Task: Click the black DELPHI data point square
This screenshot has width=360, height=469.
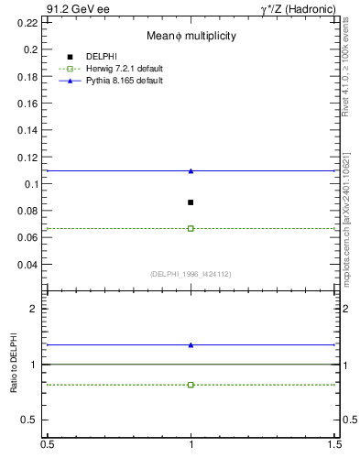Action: [191, 202]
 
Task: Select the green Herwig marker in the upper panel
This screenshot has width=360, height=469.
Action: [191, 228]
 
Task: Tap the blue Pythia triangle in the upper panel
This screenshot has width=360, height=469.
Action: [191, 171]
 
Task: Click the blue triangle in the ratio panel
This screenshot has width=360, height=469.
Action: [191, 345]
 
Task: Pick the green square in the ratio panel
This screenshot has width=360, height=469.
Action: [191, 385]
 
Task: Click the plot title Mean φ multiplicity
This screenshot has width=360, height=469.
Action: [191, 36]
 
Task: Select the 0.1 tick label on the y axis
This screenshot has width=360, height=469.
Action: [34, 184]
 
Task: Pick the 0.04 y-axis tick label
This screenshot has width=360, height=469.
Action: [31, 265]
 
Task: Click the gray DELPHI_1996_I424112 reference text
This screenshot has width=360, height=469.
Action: [191, 274]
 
